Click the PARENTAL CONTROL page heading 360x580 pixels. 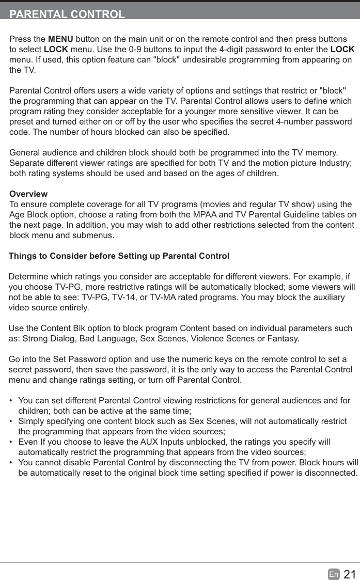(x=67, y=14)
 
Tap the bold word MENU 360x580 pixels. (x=60, y=40)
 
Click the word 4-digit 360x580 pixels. (x=250, y=50)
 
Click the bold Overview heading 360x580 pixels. (x=28, y=194)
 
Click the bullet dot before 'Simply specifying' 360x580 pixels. (x=11, y=421)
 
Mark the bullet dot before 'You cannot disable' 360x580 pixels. (x=11, y=462)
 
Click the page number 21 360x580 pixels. (x=350, y=574)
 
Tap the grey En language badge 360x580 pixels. (x=334, y=574)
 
